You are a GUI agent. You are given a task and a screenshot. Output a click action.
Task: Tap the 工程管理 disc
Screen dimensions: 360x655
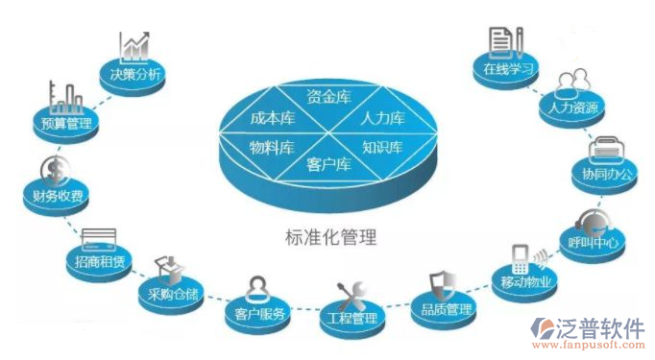point(350,318)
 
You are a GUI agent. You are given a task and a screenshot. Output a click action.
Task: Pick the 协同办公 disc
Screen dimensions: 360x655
point(607,175)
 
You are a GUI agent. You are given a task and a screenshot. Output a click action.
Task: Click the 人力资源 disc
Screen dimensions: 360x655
point(574,108)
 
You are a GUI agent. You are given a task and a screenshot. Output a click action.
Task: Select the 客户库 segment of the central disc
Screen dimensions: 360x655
point(328,165)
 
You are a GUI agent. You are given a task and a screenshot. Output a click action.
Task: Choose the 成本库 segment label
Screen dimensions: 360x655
point(272,118)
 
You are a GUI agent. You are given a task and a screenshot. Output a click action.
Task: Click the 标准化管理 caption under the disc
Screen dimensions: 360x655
point(328,235)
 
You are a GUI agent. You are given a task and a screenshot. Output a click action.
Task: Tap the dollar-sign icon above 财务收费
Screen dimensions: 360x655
point(53,171)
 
